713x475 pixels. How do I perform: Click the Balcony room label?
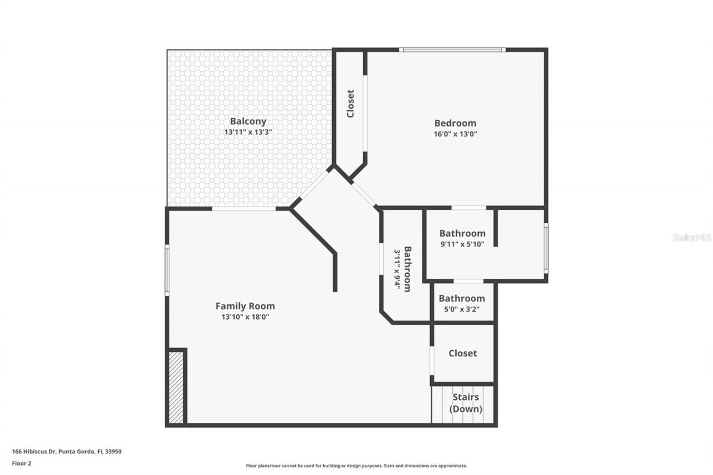pos(248,121)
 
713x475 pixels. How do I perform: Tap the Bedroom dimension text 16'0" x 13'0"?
pos(455,134)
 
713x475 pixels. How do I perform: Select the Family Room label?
pos(245,306)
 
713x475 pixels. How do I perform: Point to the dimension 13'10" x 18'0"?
pos(245,317)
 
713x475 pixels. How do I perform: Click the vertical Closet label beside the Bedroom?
pos(350,104)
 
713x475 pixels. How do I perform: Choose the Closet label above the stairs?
pos(462,353)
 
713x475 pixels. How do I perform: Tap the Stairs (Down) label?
pos(466,403)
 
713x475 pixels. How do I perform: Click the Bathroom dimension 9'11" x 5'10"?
pos(462,243)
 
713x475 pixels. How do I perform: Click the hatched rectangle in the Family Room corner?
pos(176,387)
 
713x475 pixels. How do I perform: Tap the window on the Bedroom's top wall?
pos(452,50)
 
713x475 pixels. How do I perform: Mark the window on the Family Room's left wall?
pos(167,271)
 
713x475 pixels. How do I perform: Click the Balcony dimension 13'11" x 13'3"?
pos(248,133)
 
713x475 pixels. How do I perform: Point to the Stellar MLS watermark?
pos(692,237)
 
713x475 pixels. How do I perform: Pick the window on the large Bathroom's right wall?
pos(546,248)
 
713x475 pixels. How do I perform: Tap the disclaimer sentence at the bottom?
pos(356,466)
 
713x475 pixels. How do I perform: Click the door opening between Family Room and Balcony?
pos(244,209)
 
